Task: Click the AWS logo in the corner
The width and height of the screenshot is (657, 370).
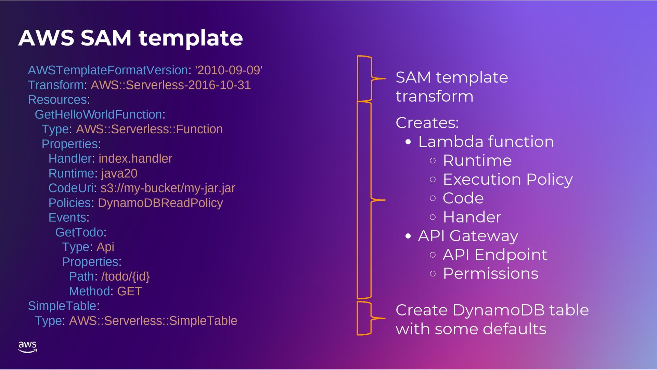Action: pos(27,347)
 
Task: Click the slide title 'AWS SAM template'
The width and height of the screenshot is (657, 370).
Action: pos(130,38)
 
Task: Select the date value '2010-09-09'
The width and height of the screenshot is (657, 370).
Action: pos(229,70)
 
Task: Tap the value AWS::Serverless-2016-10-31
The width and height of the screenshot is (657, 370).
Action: pos(170,85)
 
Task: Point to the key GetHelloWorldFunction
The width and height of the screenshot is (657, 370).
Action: pos(98,114)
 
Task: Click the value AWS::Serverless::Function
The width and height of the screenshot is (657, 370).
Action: pos(149,129)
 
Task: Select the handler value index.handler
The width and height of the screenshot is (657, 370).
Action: pos(135,159)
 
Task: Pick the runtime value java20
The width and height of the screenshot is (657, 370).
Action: pos(119,173)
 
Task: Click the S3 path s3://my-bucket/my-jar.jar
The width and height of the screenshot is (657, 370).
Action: pos(168,188)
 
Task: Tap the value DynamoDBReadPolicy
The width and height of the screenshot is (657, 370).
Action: pos(160,203)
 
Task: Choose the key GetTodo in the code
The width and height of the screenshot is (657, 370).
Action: pos(79,232)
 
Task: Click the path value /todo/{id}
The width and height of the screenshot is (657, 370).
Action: pos(125,276)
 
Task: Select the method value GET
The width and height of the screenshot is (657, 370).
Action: pos(129,291)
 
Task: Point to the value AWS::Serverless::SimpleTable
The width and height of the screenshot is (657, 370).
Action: pos(153,321)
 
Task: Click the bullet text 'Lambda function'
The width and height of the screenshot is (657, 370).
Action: pos(486,142)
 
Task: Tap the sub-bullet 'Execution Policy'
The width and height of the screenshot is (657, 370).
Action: pos(507,179)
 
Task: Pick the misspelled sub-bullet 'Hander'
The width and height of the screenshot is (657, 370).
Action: pos(472,217)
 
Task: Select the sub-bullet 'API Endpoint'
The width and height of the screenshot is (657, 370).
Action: pos(495,255)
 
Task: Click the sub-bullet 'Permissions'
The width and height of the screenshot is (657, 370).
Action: pos(490,274)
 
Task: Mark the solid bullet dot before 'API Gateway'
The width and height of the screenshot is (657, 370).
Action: pos(408,236)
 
